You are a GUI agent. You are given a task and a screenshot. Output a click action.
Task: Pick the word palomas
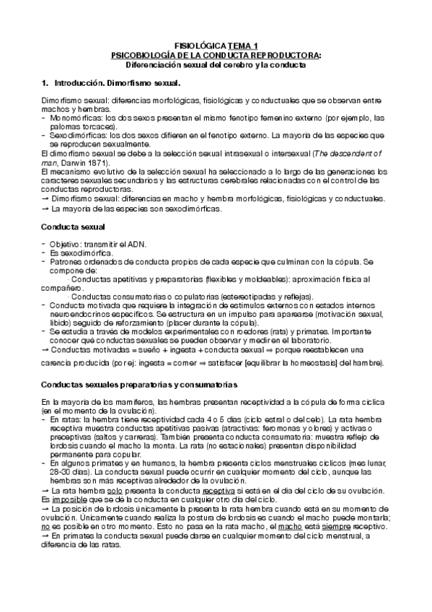[x=65, y=124]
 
